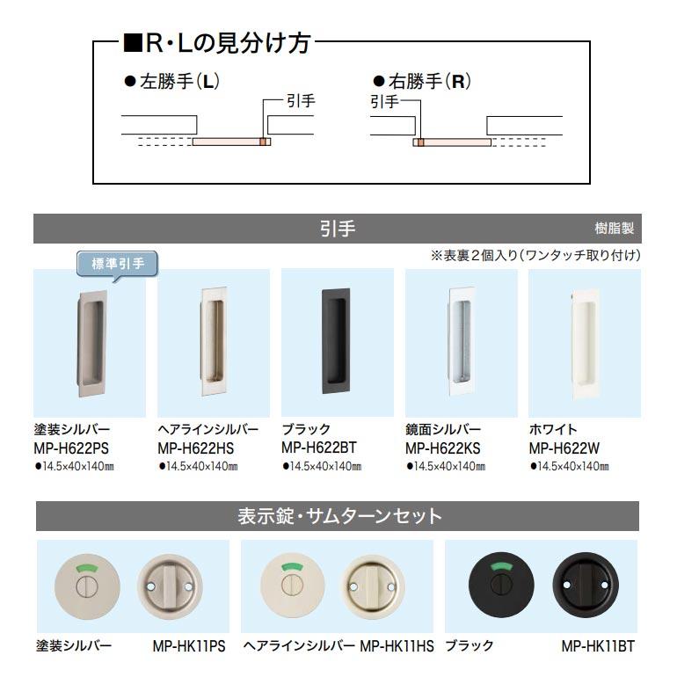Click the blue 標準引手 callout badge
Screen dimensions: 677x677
(x=118, y=263)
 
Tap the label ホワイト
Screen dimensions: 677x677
(x=553, y=430)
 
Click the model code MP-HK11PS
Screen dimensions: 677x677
(x=189, y=645)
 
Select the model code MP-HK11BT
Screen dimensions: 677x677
(x=598, y=645)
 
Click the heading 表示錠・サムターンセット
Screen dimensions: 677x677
(x=338, y=515)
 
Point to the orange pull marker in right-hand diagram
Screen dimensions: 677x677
(x=420, y=142)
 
